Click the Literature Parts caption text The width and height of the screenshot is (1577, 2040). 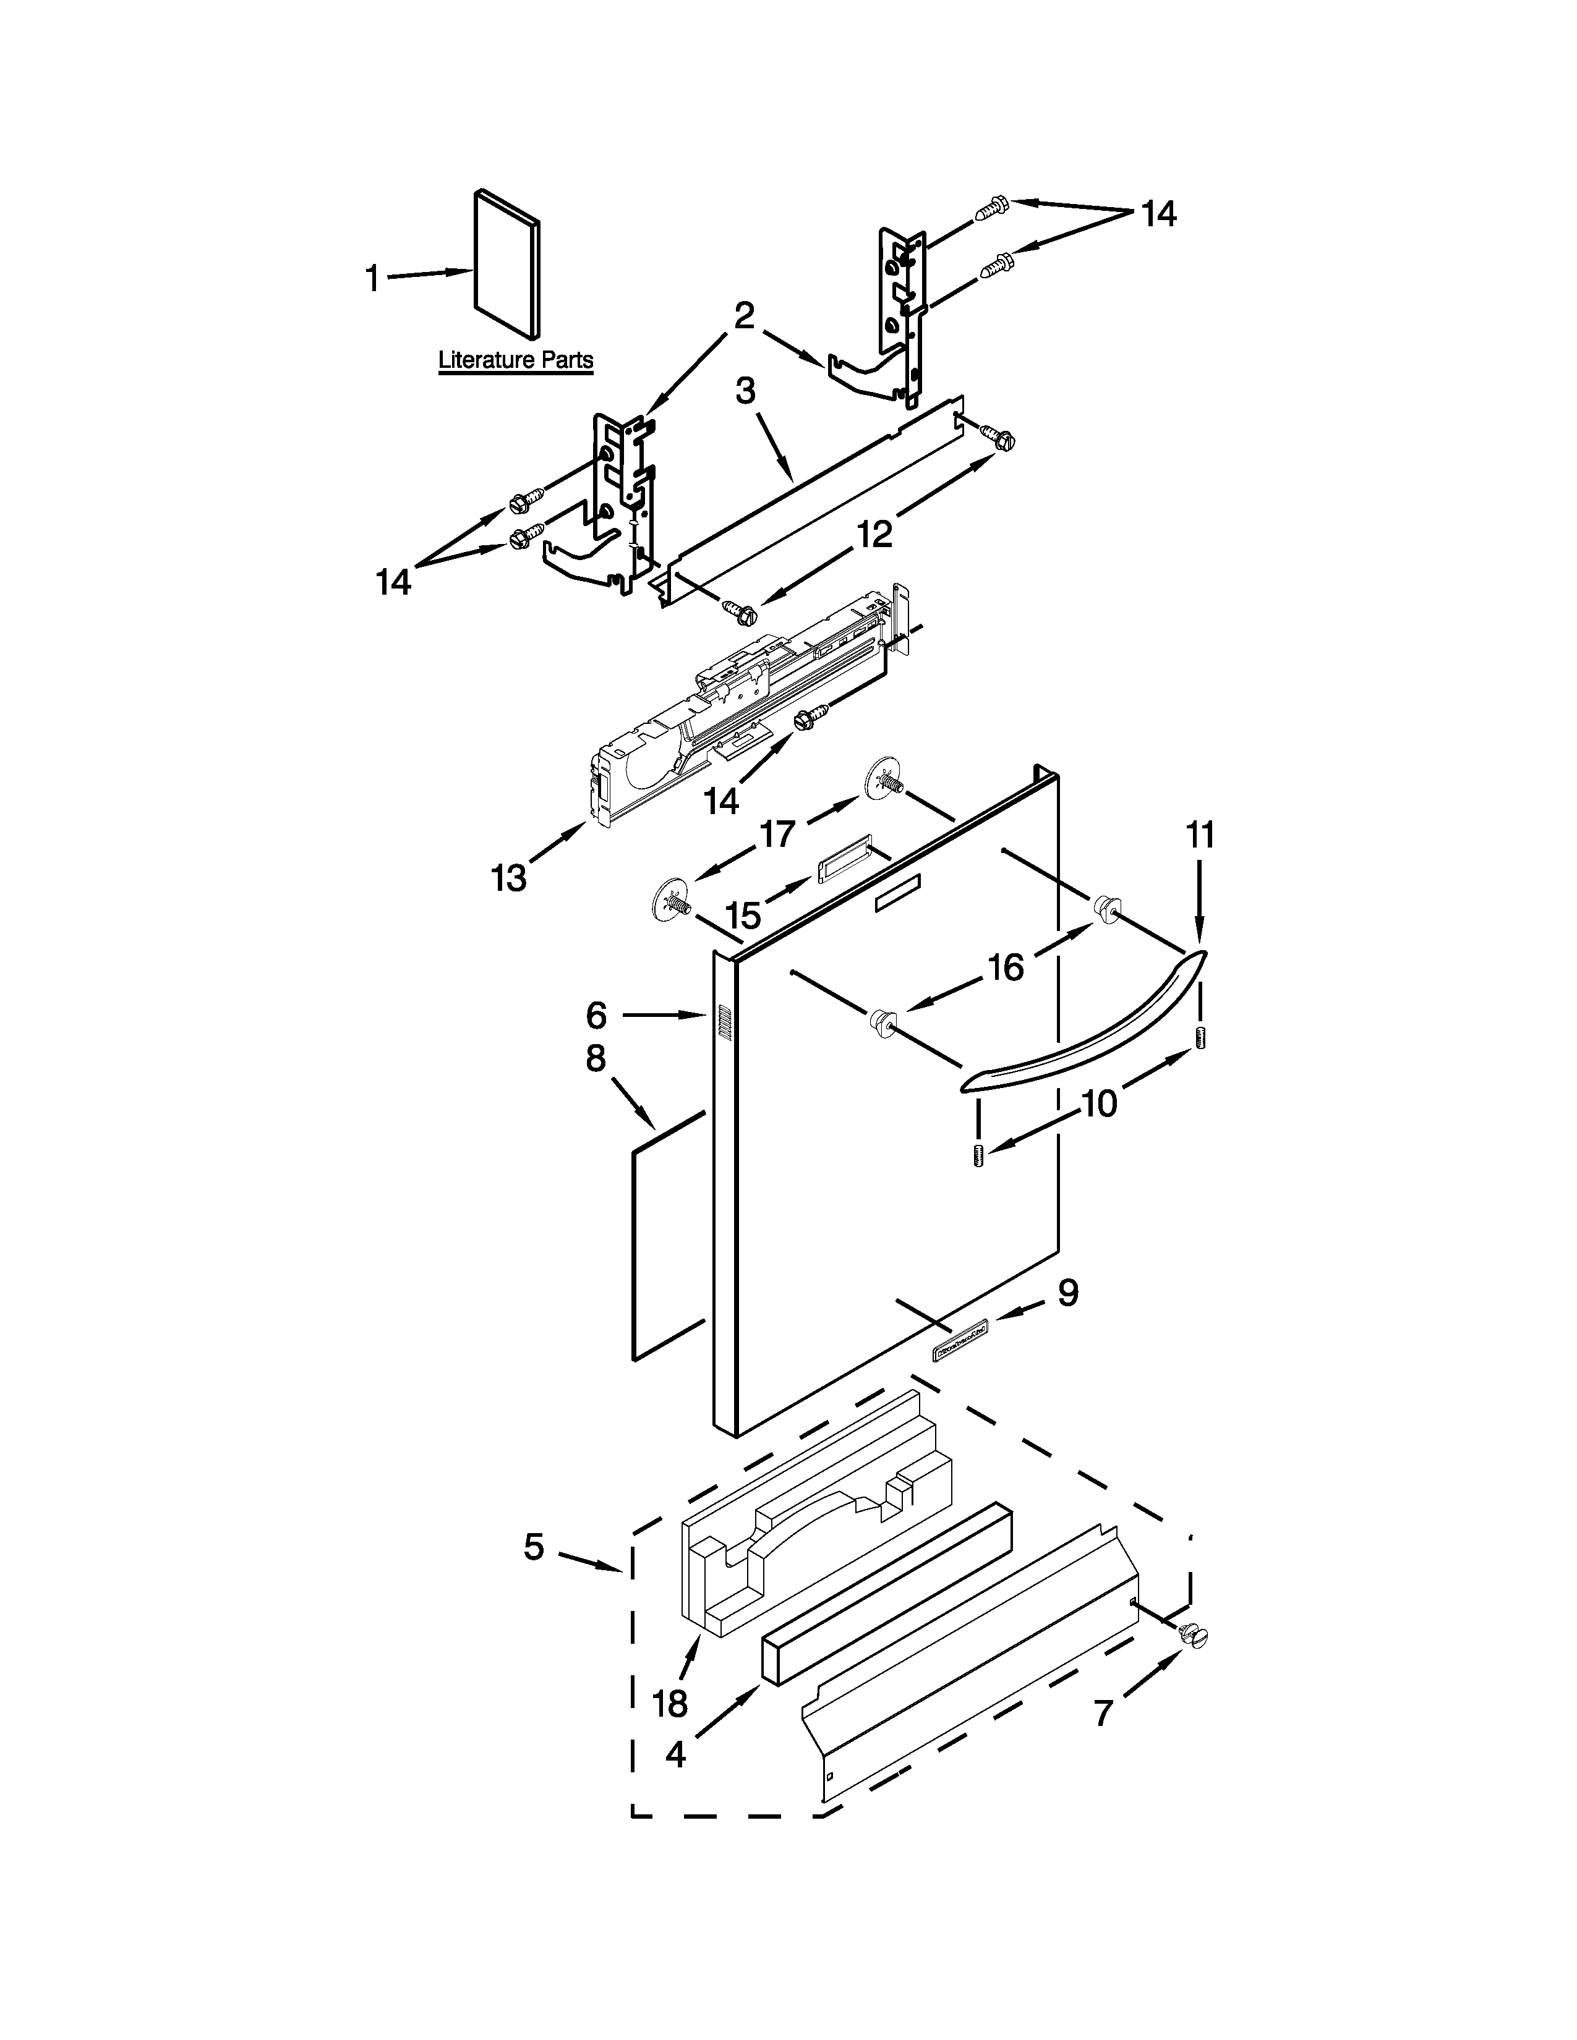click(516, 360)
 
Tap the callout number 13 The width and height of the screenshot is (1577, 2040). click(509, 877)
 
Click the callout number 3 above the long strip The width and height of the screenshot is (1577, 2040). click(745, 391)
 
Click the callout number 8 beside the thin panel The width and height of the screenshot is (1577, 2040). click(596, 1058)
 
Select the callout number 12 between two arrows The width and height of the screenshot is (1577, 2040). click(874, 533)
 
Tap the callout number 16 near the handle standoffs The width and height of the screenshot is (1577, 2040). click(1006, 967)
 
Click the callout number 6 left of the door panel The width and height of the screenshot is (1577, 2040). click(597, 1014)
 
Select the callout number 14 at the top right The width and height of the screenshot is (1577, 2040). click(1158, 214)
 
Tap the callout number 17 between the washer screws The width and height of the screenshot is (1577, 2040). click(777, 833)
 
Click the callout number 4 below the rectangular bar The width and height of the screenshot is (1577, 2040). click(675, 1754)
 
